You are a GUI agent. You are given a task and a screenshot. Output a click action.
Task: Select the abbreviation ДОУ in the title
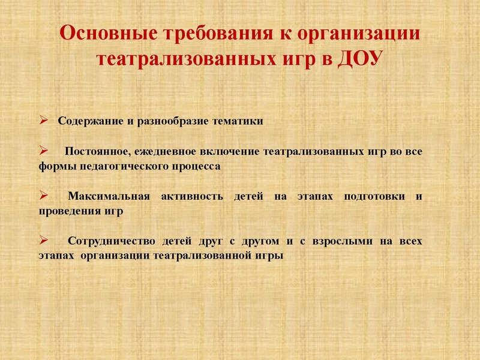click(x=361, y=58)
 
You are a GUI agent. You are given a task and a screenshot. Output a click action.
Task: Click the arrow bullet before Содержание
click(x=43, y=120)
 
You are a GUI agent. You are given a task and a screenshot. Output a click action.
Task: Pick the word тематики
click(x=238, y=121)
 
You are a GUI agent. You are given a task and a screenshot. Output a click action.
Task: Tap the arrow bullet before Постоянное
click(x=43, y=151)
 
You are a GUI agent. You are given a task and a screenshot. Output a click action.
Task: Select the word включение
click(x=230, y=152)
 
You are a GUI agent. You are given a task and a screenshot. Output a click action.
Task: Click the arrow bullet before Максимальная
click(x=43, y=195)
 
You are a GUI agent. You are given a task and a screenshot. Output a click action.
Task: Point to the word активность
click(x=192, y=196)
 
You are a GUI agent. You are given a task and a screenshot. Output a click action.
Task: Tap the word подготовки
click(x=374, y=197)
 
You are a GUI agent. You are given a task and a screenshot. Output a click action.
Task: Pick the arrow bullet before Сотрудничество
click(x=43, y=240)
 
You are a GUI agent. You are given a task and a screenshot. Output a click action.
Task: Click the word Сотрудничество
click(x=112, y=241)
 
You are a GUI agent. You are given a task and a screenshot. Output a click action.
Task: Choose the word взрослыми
click(x=342, y=242)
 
